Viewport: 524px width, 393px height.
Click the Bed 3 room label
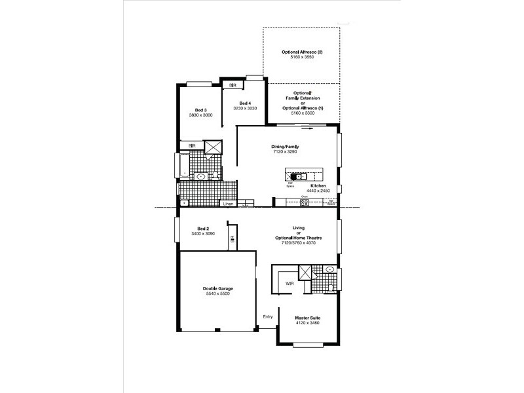point(201,109)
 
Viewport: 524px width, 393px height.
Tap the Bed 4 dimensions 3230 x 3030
point(244,109)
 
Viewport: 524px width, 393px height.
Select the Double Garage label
point(217,288)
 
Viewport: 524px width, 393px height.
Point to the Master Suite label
point(307,318)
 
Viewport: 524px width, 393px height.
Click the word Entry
point(268,317)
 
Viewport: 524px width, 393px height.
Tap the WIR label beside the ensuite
point(290,283)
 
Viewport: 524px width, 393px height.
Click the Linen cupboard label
point(228,204)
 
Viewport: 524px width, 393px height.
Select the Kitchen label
point(319,186)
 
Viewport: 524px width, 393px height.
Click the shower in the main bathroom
point(213,147)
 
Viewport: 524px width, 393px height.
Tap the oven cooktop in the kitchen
point(305,202)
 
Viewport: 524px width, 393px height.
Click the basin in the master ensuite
point(330,269)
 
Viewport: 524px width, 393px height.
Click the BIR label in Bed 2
point(232,240)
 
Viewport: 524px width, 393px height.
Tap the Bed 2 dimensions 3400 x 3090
point(203,234)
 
